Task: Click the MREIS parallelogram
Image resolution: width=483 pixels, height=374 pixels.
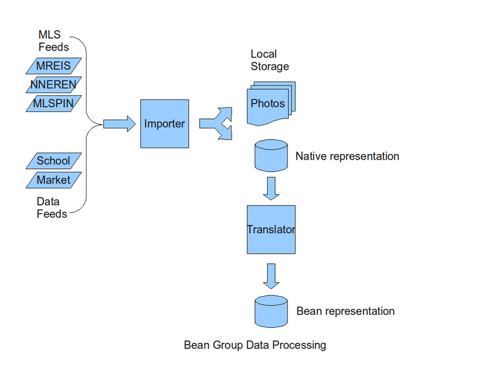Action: [54, 65]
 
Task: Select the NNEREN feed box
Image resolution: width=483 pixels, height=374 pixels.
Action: [54, 84]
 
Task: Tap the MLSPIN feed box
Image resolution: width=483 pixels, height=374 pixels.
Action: [54, 103]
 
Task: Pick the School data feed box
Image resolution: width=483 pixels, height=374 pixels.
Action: [54, 161]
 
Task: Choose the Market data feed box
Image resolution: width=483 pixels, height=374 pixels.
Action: [54, 180]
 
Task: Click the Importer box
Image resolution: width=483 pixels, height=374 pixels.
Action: [164, 123]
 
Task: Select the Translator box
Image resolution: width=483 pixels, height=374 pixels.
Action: [271, 229]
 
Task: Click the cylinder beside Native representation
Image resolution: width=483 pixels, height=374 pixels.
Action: [271, 156]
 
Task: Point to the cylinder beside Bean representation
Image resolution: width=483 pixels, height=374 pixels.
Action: [271, 311]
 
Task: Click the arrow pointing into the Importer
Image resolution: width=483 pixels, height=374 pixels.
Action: [119, 123]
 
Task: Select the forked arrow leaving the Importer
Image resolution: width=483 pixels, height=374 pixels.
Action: [215, 123]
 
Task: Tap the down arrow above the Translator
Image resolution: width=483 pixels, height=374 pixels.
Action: [271, 188]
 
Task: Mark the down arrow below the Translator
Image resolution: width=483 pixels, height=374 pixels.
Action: [271, 276]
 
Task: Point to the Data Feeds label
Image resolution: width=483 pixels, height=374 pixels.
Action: [52, 208]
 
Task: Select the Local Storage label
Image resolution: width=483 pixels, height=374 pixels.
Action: [270, 60]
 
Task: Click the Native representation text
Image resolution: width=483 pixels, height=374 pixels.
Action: [347, 156]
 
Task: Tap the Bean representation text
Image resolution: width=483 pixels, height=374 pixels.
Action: [345, 311]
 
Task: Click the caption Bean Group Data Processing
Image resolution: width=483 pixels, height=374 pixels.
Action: [255, 345]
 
